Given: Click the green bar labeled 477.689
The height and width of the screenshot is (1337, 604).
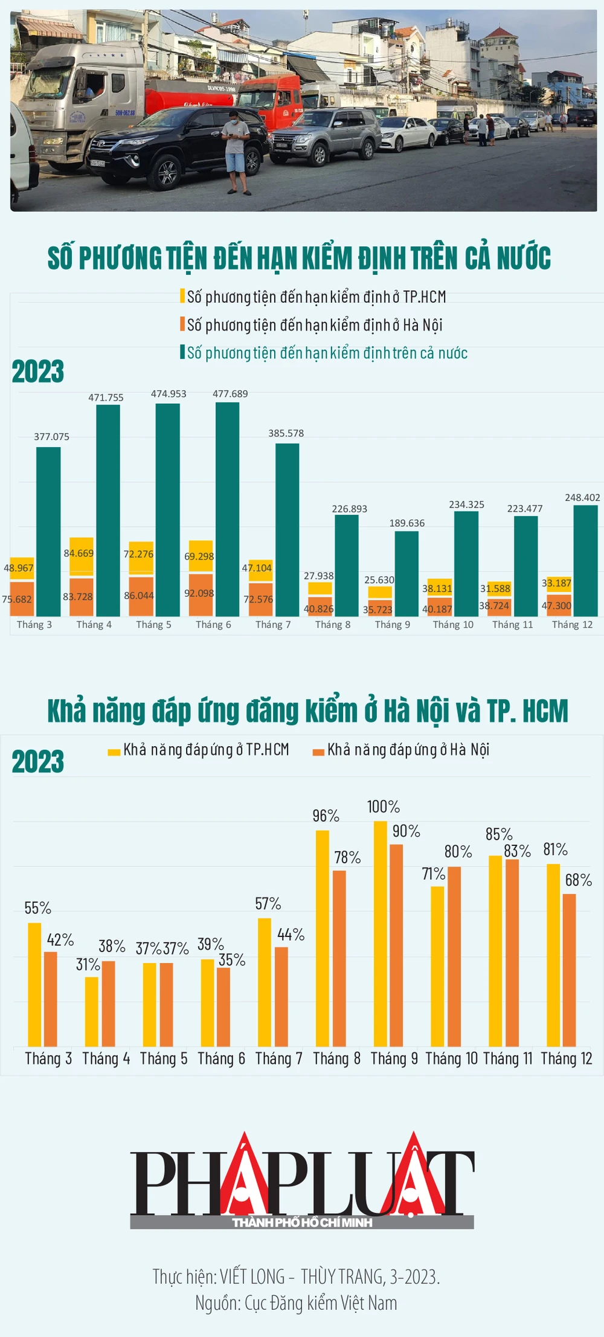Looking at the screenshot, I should click(x=227, y=509).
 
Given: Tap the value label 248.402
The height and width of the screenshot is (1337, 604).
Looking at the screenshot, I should click(x=582, y=497).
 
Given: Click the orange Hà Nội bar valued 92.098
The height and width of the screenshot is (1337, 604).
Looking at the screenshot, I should click(x=201, y=594).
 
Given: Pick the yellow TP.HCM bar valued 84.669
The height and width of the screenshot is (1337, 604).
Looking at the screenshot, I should click(x=82, y=556).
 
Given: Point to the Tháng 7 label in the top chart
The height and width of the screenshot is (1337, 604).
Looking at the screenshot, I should click(x=273, y=625).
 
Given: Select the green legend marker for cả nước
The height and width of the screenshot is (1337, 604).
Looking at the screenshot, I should click(x=182, y=352).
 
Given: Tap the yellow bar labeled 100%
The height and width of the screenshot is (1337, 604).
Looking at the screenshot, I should click(x=380, y=933).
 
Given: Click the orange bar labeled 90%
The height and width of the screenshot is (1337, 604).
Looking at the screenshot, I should click(x=396, y=945).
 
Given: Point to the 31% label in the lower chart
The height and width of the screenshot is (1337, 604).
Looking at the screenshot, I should click(x=88, y=965).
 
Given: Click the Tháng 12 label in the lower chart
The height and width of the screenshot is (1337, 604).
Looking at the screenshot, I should click(x=567, y=1058).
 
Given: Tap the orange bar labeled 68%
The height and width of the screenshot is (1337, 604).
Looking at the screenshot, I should click(x=569, y=970).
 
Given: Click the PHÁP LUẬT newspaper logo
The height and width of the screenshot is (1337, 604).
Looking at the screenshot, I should click(x=302, y=1181).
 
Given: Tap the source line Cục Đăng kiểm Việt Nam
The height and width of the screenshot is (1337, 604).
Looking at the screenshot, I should click(x=296, y=1303).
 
